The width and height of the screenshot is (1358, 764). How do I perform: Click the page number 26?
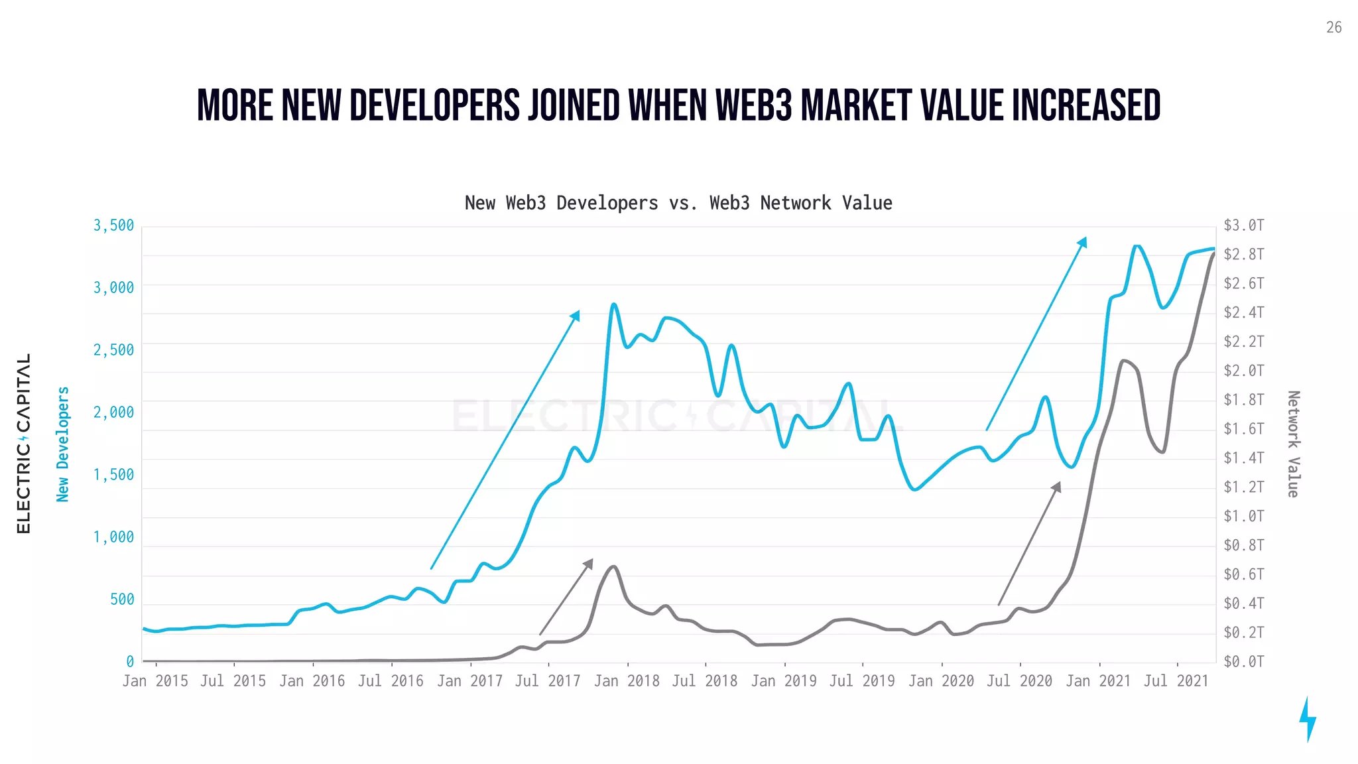pyautogui.click(x=1333, y=28)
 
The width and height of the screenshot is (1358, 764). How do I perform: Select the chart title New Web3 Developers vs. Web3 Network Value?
pyautogui.click(x=678, y=203)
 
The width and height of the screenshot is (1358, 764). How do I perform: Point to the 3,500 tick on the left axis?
pyautogui.click(x=113, y=225)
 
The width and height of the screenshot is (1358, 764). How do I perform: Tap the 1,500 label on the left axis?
pyautogui.click(x=113, y=475)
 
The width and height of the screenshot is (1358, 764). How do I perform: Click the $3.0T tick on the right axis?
pyautogui.click(x=1244, y=225)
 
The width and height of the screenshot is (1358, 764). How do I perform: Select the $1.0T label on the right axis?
pyautogui.click(x=1244, y=516)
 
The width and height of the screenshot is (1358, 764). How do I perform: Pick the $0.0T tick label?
pyautogui.click(x=1244, y=661)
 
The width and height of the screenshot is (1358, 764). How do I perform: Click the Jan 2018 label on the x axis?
pyautogui.click(x=627, y=681)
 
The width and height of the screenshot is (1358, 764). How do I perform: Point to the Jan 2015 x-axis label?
pyautogui.click(x=155, y=681)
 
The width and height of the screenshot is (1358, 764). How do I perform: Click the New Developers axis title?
pyautogui.click(x=63, y=444)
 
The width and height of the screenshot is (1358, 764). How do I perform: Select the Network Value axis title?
pyautogui.click(x=1293, y=444)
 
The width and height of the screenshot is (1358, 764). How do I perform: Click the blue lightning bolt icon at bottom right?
pyautogui.click(x=1307, y=719)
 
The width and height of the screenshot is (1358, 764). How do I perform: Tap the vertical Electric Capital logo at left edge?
pyautogui.click(x=24, y=443)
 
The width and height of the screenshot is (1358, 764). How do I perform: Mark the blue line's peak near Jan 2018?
pyautogui.click(x=614, y=304)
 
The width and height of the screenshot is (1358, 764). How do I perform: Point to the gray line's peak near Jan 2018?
pyautogui.click(x=614, y=566)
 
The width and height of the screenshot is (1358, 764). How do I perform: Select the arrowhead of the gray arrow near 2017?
pyautogui.click(x=589, y=563)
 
